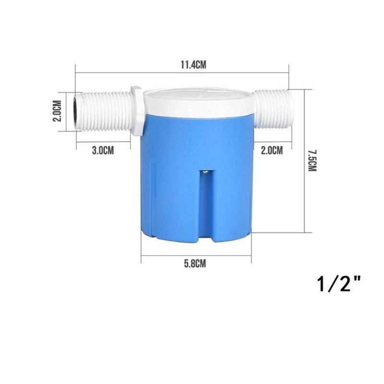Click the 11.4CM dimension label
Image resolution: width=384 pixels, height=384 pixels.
coord(193,65)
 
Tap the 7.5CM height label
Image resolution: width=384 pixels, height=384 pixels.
coord(312,160)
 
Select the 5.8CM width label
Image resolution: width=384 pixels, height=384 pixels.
coord(195,264)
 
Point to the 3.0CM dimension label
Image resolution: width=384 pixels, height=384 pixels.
coord(103,150)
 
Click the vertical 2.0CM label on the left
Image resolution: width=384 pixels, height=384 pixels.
coord(57,111)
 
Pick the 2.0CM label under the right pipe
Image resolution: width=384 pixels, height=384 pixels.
coord(272,150)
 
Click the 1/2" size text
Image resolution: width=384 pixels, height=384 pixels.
coord(339,284)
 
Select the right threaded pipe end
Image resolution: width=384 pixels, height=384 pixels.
coord(273,109)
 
